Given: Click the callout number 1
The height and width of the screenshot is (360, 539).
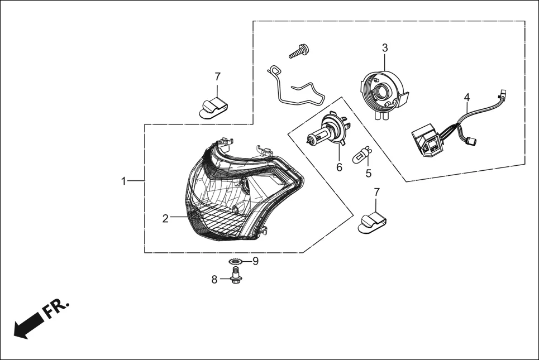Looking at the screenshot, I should [124, 181].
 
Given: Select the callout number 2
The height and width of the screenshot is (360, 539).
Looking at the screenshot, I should [165, 219].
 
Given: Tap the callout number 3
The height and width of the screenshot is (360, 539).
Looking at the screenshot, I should [385, 47].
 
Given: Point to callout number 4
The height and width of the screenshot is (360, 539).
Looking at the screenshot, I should [467, 97].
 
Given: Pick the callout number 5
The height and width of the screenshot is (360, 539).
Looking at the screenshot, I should [368, 173].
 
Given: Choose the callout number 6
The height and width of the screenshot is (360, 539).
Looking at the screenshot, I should [339, 167].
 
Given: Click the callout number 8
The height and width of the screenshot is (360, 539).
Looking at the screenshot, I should [214, 280].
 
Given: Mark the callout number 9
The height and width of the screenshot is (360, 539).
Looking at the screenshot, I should [255, 261].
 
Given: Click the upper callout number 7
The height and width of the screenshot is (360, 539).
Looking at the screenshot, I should [218, 76].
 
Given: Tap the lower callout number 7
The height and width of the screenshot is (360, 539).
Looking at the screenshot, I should [376, 192].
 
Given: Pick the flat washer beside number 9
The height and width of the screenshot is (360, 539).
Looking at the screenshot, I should [236, 261].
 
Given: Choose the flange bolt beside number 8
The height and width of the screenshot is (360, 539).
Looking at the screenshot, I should [235, 275].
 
